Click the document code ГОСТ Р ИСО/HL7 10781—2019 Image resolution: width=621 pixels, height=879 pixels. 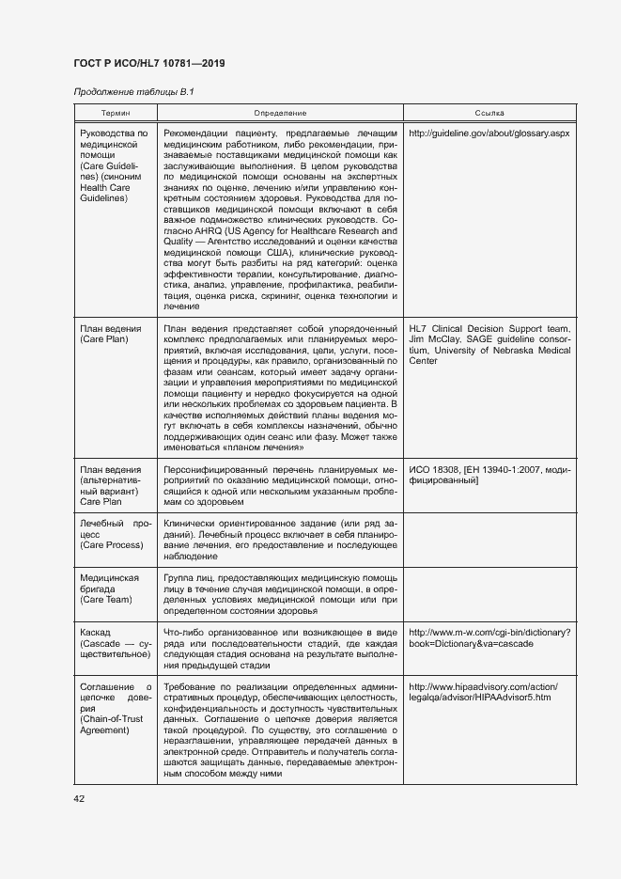pos(149,64)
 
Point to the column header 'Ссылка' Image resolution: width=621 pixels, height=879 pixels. pos(489,112)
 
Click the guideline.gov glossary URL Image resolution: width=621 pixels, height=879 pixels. pos(489,133)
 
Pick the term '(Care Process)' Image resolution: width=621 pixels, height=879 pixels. pos(112,545)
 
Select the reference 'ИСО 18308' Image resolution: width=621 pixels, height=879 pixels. pos(437,468)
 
